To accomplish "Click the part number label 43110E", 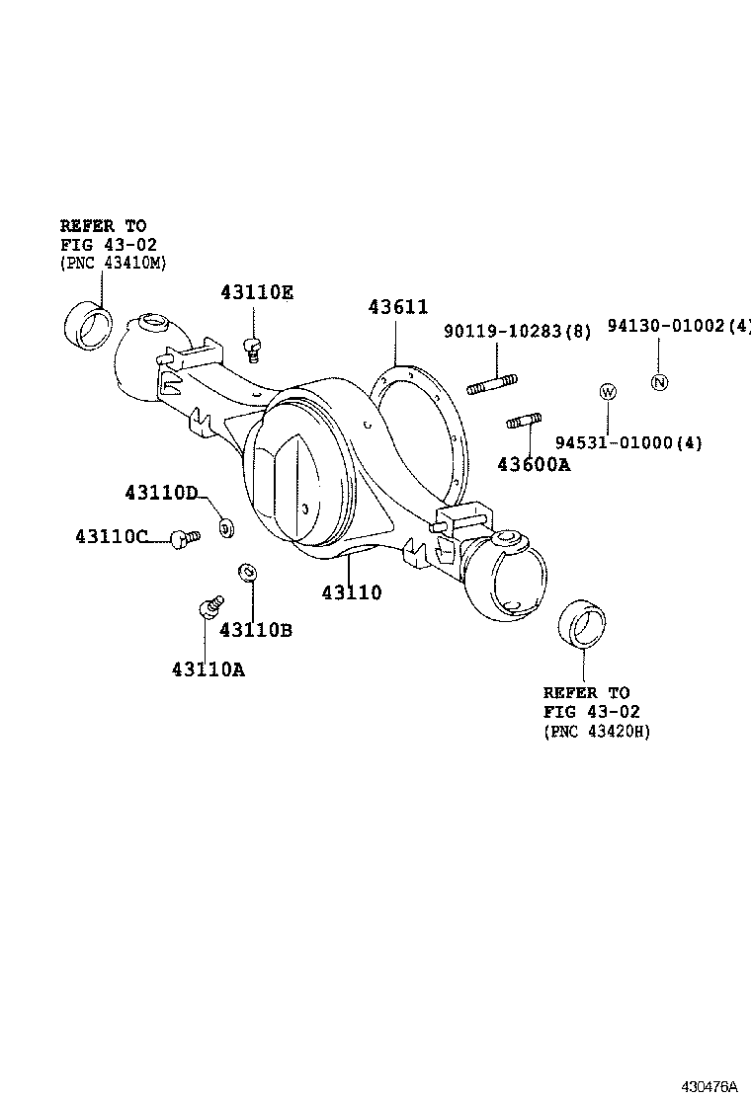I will [x=257, y=292].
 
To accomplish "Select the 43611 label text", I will [x=398, y=307].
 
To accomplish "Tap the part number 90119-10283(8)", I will [x=518, y=333].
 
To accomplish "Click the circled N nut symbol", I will [x=659, y=383].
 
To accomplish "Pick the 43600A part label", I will [x=534, y=463].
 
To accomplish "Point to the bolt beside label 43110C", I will [x=183, y=537].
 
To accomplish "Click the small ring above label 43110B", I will [x=248, y=572].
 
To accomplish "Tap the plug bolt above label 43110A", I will [x=209, y=605].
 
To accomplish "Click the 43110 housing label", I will [x=351, y=592].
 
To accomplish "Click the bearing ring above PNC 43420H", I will [x=582, y=624].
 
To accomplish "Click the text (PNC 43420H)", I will [x=596, y=731].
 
